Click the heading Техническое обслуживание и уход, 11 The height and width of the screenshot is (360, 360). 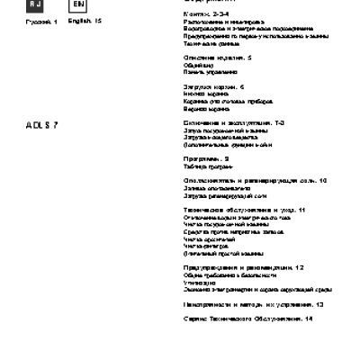(x=226, y=210)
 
